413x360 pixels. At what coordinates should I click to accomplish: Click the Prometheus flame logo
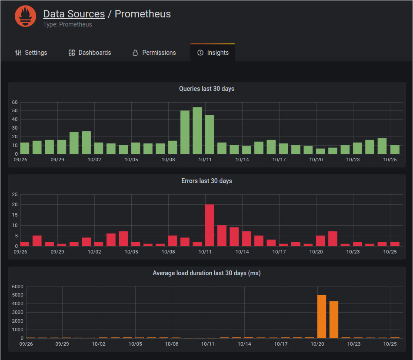click(25, 17)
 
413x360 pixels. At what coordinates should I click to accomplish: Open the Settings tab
click(31, 53)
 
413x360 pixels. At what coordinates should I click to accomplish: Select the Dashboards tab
click(90, 53)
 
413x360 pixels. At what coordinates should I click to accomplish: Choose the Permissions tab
click(154, 53)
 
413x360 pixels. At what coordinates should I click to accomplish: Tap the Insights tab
click(213, 53)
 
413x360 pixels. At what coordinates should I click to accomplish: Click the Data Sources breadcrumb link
click(74, 14)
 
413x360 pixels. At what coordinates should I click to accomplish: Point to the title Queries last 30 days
click(206, 89)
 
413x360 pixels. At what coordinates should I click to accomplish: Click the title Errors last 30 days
click(206, 181)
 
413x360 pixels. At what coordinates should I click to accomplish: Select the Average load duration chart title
click(206, 273)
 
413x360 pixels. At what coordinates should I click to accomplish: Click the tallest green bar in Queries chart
click(197, 130)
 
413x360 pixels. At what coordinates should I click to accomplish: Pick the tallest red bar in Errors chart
click(210, 225)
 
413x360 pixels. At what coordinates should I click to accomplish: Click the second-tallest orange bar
click(334, 320)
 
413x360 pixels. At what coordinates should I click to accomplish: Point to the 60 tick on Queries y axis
click(15, 103)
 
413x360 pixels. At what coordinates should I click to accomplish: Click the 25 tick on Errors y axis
click(15, 194)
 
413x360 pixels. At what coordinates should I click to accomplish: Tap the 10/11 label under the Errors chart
click(205, 252)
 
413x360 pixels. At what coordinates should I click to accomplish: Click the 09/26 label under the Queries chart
click(20, 160)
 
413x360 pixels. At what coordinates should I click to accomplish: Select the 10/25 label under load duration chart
click(390, 344)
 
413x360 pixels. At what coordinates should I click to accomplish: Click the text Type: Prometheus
click(67, 24)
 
